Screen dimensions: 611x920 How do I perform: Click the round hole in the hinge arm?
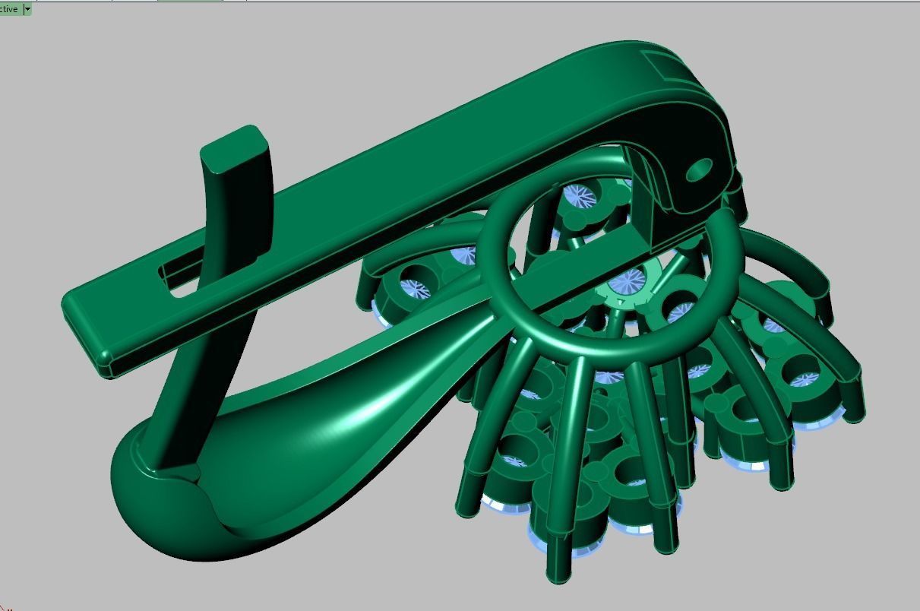coord(700,170)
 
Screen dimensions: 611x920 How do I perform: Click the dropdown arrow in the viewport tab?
coord(27,9)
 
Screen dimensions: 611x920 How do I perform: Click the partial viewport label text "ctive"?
coord(10,9)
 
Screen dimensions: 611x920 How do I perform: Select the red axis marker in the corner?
coord(4,606)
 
